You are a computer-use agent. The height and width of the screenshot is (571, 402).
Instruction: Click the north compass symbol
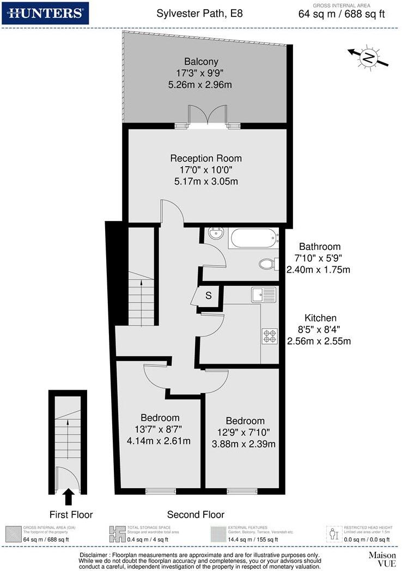[369, 57]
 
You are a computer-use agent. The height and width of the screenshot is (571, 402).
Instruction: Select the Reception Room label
[206, 158]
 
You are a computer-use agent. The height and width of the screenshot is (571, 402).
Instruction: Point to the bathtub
[254, 238]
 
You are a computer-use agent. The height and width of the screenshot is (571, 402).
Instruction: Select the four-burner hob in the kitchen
[270, 336]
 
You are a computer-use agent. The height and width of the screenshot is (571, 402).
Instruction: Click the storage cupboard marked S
[208, 296]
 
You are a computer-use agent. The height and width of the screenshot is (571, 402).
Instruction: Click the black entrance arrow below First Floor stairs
[69, 496]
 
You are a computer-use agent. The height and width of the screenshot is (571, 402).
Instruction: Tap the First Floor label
[71, 514]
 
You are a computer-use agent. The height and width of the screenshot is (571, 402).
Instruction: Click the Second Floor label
[196, 514]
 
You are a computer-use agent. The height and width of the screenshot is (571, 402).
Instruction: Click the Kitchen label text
[320, 318]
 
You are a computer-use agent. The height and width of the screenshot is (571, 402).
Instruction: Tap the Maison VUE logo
[382, 559]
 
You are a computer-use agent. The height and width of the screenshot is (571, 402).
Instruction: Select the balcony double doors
[207, 115]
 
